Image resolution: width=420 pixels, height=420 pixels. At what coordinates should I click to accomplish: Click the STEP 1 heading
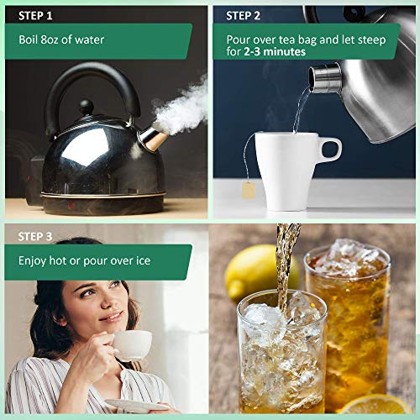tap(35, 16)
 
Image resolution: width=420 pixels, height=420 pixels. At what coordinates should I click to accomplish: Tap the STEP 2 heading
tap(243, 16)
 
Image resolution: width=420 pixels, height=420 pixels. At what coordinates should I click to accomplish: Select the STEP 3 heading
tap(35, 237)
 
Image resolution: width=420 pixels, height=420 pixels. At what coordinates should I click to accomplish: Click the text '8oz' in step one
tap(50, 39)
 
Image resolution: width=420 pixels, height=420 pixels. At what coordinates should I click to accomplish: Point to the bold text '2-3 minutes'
tap(275, 51)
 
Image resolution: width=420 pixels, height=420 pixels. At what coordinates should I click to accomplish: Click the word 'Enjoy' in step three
tap(32, 261)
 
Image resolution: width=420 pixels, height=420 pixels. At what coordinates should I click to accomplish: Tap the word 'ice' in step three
tap(144, 260)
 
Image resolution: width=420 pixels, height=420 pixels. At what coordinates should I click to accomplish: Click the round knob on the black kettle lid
tap(86, 107)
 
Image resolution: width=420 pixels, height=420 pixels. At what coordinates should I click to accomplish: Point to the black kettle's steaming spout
tap(153, 138)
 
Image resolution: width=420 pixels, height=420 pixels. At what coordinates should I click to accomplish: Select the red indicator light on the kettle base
tap(71, 205)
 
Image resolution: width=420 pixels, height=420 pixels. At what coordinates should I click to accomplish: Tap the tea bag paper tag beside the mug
tap(249, 190)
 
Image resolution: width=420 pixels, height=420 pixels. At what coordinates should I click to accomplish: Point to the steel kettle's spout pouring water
tap(325, 78)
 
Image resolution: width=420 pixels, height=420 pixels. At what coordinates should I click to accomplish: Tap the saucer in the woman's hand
tap(137, 406)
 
